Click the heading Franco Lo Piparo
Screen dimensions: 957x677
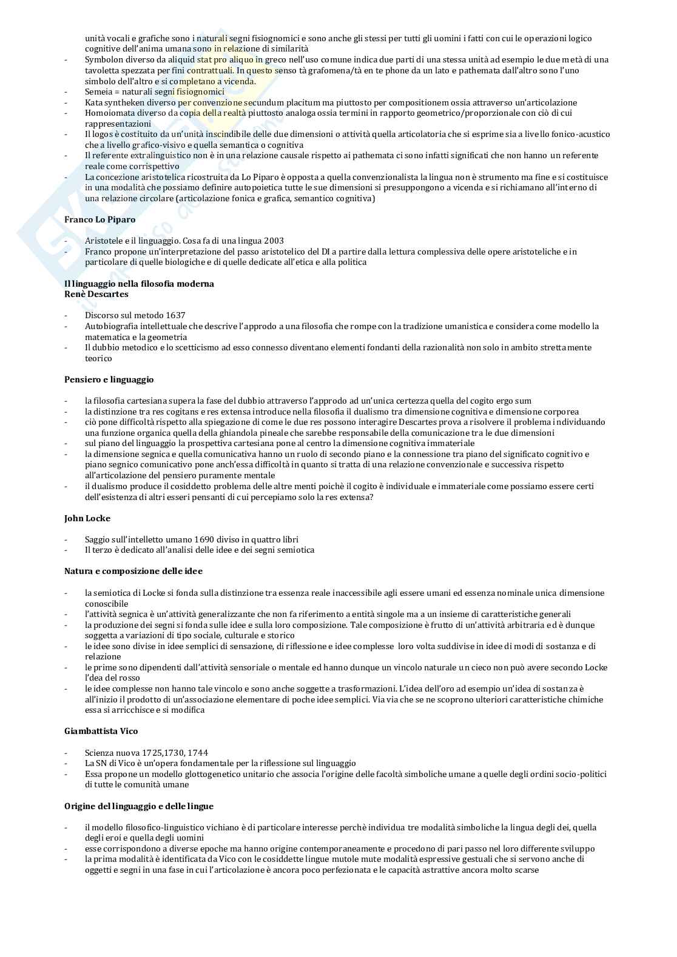click(99, 219)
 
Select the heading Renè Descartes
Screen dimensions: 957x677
click(96, 294)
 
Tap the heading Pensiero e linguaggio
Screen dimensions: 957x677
click(109, 379)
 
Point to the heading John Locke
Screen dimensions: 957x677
click(87, 518)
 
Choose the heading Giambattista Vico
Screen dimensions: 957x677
click(101, 731)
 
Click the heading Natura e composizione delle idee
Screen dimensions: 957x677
click(133, 571)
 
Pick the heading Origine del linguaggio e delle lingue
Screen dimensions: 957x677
click(138, 806)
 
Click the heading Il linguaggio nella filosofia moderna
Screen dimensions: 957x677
click(139, 284)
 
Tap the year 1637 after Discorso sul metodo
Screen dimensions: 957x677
click(175, 315)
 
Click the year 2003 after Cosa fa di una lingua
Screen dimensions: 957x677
click(273, 241)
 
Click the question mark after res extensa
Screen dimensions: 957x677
click(371, 497)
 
